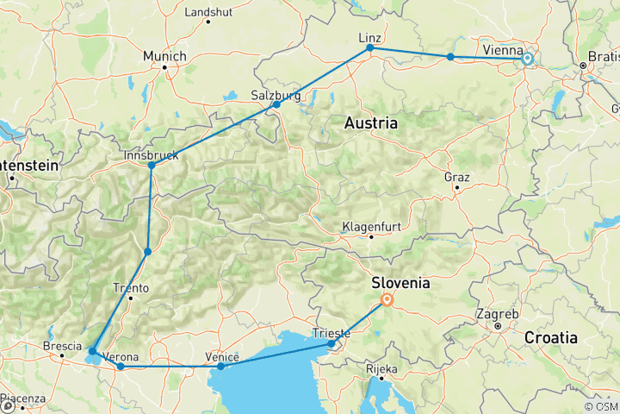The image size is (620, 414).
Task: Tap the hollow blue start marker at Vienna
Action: [527, 60]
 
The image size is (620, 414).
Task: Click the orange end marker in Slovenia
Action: [387, 301]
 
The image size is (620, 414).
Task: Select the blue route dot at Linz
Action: [370, 48]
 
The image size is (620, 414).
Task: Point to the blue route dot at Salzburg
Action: [276, 104]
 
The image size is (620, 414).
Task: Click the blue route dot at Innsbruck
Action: [152, 166]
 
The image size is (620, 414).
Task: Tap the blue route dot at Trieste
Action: [332, 344]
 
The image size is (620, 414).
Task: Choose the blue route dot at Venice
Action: [221, 367]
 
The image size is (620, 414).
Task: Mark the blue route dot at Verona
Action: [121, 367]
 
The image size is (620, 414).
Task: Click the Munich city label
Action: [164, 56]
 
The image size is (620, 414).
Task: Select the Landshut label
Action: [208, 12]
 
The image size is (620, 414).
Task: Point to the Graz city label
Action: [456, 177]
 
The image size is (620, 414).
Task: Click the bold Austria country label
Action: [371, 123]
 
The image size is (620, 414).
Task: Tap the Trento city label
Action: [130, 288]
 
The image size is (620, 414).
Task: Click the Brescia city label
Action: [62, 347]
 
